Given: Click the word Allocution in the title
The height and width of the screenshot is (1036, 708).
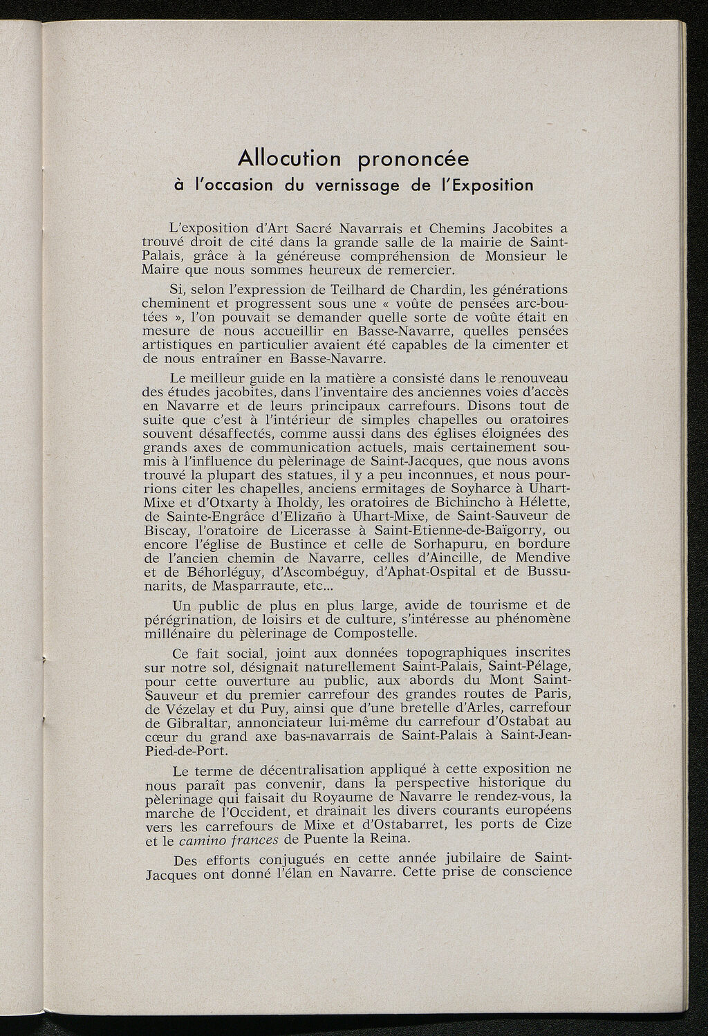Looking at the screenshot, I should [x=290, y=159].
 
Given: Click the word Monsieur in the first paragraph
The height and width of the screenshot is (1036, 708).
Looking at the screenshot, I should [x=505, y=255].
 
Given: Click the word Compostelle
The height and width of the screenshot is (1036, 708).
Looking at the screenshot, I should [x=375, y=633].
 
